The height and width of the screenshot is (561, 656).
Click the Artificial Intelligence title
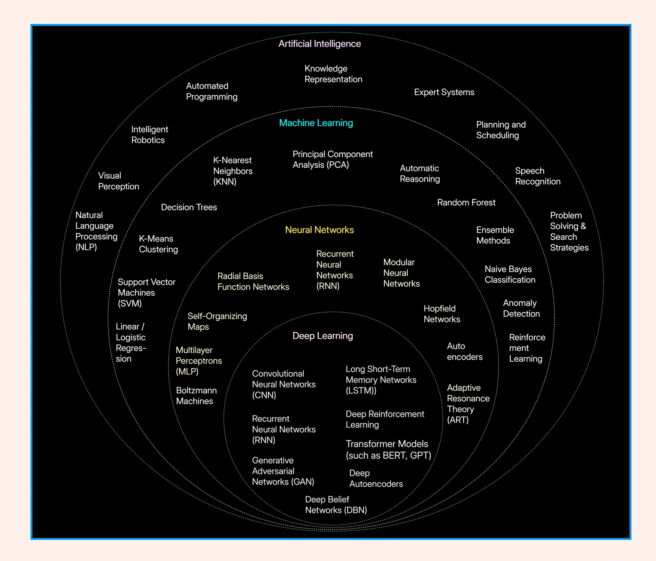click(x=319, y=44)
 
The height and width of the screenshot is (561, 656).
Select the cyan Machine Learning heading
click(x=316, y=123)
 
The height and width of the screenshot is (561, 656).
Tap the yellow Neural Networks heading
click(x=319, y=230)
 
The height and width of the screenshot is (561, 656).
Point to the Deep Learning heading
click(x=322, y=336)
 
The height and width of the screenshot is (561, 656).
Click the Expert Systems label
click(x=444, y=92)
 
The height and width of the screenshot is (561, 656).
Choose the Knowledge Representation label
click(x=333, y=74)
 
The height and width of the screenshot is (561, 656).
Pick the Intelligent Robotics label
click(x=149, y=134)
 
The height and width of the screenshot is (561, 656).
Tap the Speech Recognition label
click(x=538, y=176)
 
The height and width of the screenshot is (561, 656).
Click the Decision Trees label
click(x=189, y=207)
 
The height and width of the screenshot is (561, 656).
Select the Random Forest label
click(x=466, y=203)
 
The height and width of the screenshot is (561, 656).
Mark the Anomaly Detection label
click(x=521, y=308)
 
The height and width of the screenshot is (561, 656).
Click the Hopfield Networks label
click(x=442, y=314)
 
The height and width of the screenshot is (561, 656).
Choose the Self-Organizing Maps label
click(x=217, y=321)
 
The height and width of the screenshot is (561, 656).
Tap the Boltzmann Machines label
click(x=196, y=395)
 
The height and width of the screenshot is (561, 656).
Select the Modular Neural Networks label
click(x=401, y=273)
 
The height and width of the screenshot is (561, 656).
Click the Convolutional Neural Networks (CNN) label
click(x=283, y=384)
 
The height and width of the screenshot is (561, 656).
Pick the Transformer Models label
click(x=388, y=449)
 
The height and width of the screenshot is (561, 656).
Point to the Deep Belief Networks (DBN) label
click(x=336, y=505)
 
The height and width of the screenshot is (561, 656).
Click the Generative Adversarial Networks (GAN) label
click(x=283, y=471)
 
